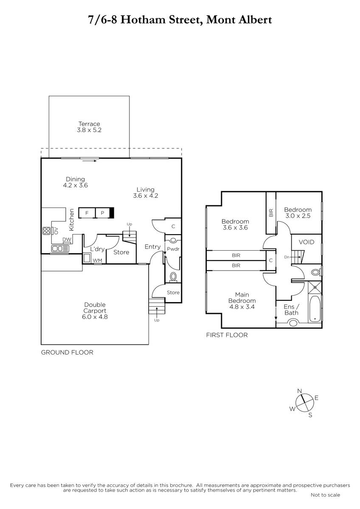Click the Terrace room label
click(x=89, y=124)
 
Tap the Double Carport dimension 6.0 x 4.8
click(x=95, y=316)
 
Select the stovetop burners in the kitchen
click(x=46, y=231)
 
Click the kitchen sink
click(x=60, y=249)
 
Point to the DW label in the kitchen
click(x=67, y=239)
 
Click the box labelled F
click(x=87, y=213)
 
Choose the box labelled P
click(x=103, y=213)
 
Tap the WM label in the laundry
click(x=98, y=260)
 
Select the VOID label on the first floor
click(x=307, y=242)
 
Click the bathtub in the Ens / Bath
click(x=315, y=309)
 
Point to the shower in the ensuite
click(x=315, y=288)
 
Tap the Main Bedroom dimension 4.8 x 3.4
click(x=242, y=307)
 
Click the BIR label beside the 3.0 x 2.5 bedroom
click(x=271, y=213)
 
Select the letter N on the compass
click(x=300, y=391)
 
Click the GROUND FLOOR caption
click(x=67, y=352)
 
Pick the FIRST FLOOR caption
click(x=227, y=335)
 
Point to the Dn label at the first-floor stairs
click(x=287, y=257)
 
